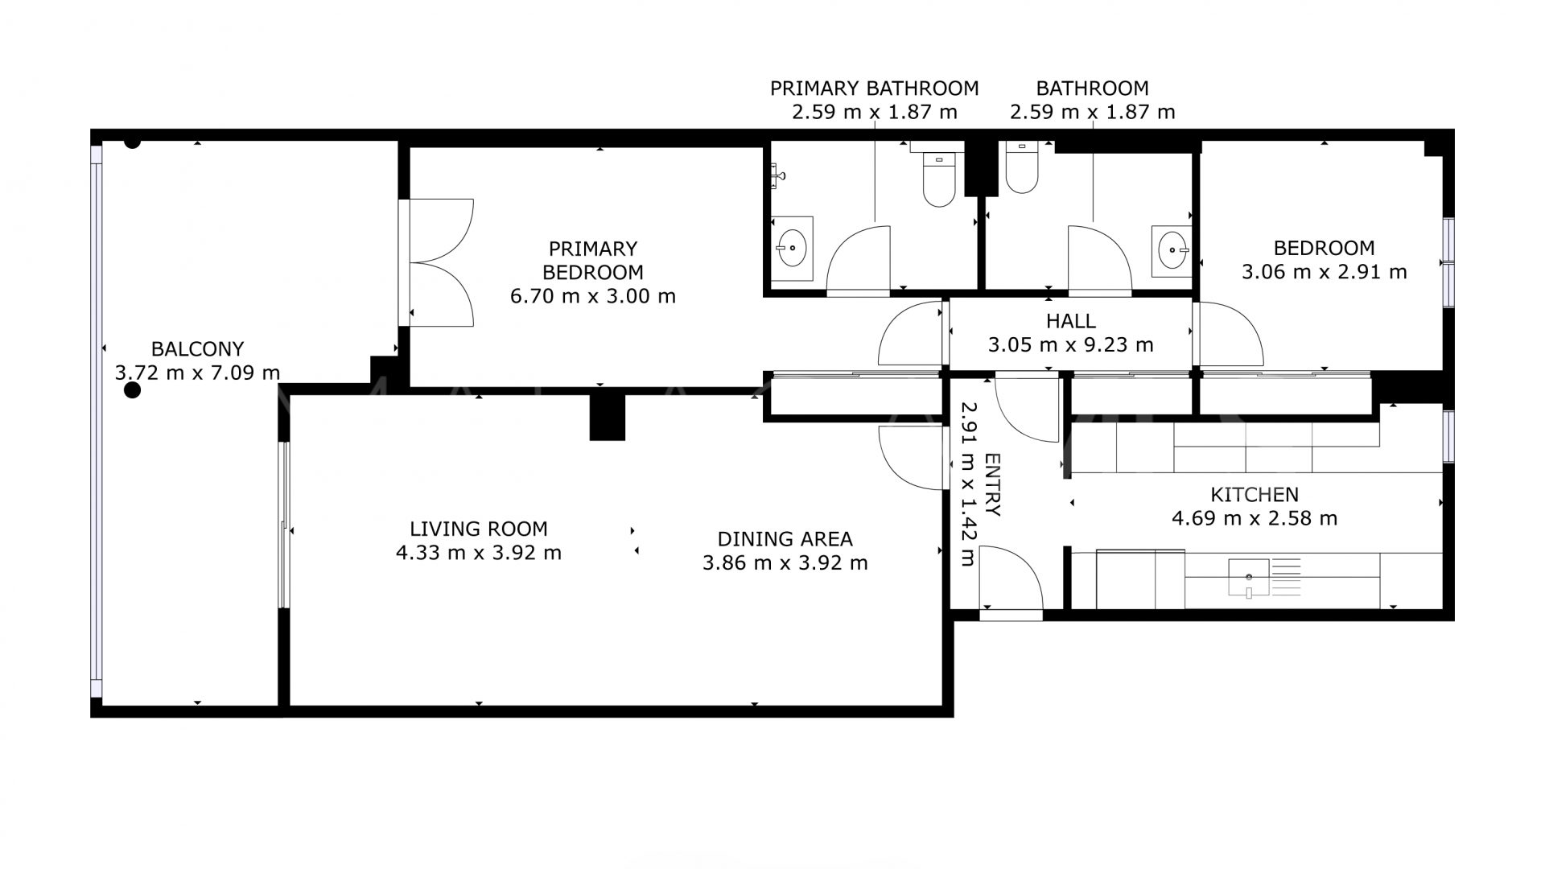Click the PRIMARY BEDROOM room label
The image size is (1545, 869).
[592, 260]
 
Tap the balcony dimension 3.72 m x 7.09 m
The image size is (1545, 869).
[197, 373]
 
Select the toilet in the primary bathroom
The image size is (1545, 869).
[938, 180]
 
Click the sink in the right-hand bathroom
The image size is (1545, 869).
[1172, 249]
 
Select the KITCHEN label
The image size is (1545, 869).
[1254, 494]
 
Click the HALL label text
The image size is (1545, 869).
[1070, 321]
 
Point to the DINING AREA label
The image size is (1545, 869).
[785, 539]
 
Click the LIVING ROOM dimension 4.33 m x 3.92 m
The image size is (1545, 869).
[479, 553]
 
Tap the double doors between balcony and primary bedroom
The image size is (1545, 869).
[439, 262]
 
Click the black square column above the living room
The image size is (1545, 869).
[607, 415]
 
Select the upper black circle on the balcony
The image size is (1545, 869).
[132, 142]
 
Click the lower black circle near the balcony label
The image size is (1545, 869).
[132, 390]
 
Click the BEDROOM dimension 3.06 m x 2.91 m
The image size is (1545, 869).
[1324, 272]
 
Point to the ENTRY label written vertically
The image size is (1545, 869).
[992, 484]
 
